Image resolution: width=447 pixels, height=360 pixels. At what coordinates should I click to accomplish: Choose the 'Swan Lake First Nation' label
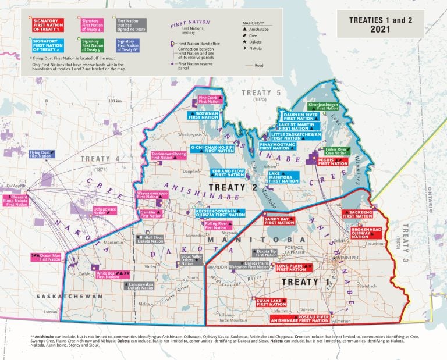(x=271, y=302)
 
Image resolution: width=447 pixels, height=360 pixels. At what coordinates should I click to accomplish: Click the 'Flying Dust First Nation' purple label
(x=41, y=154)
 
